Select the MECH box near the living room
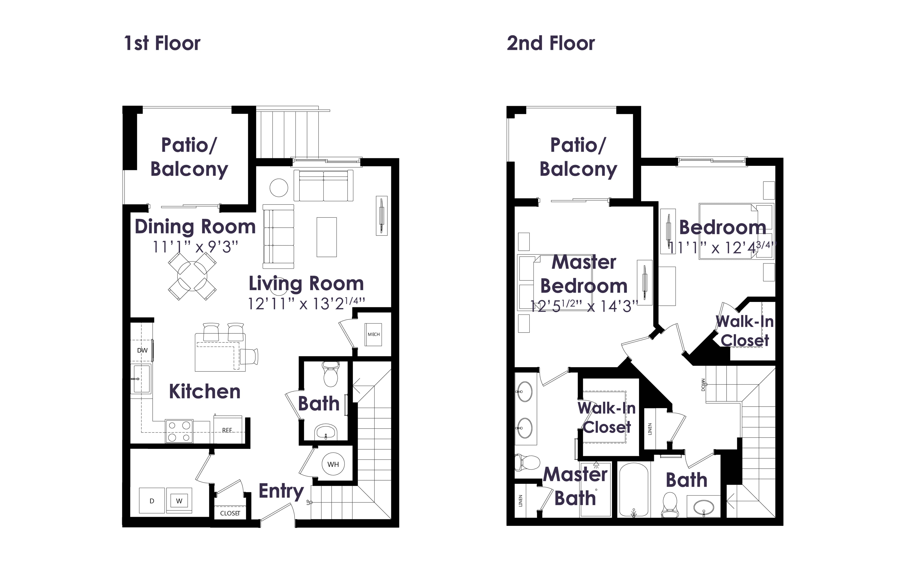374,334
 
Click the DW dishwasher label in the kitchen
142,350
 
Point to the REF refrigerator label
227,430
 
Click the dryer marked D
152,501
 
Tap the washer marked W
179,501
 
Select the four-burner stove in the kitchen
179,431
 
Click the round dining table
192,276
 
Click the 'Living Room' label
306,284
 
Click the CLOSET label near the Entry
230,513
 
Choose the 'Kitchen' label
205,392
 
